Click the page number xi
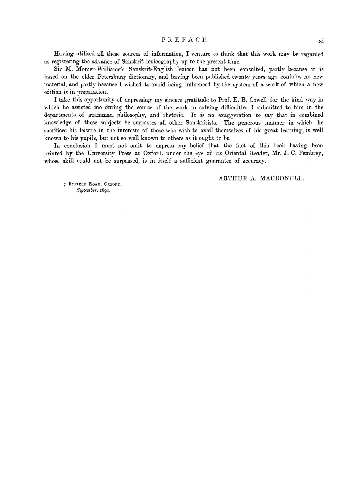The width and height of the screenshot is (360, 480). click(x=320, y=40)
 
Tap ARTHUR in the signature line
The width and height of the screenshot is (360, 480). click(x=231, y=179)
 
